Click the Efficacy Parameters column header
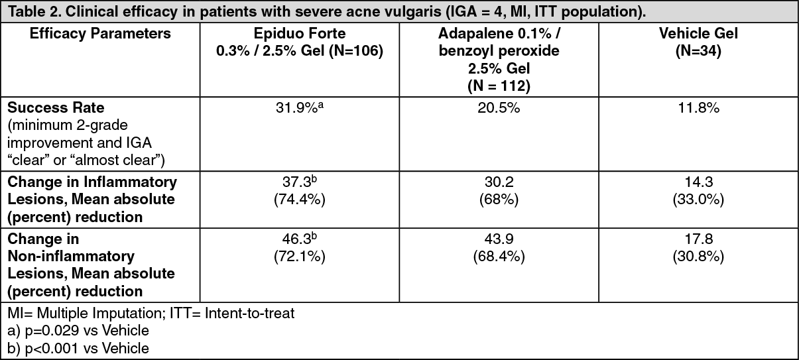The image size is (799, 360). (100, 34)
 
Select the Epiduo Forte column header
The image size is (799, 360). (300, 42)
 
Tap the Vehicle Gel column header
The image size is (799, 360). (698, 42)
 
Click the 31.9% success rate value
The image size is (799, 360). (300, 108)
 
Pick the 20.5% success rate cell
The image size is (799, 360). (499, 108)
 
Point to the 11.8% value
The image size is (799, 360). (698, 108)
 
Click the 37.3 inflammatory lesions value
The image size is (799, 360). (300, 182)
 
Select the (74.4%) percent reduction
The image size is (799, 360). (300, 199)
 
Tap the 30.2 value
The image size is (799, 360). (499, 182)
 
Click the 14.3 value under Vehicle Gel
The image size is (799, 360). (698, 182)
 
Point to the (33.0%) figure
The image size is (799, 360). (698, 199)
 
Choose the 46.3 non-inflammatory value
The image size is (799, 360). (300, 239)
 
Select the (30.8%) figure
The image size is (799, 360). (698, 257)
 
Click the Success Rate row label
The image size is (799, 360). (56, 107)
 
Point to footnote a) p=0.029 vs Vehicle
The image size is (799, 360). (78, 331)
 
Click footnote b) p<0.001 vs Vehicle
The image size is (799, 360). (78, 348)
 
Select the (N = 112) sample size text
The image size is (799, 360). (499, 86)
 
